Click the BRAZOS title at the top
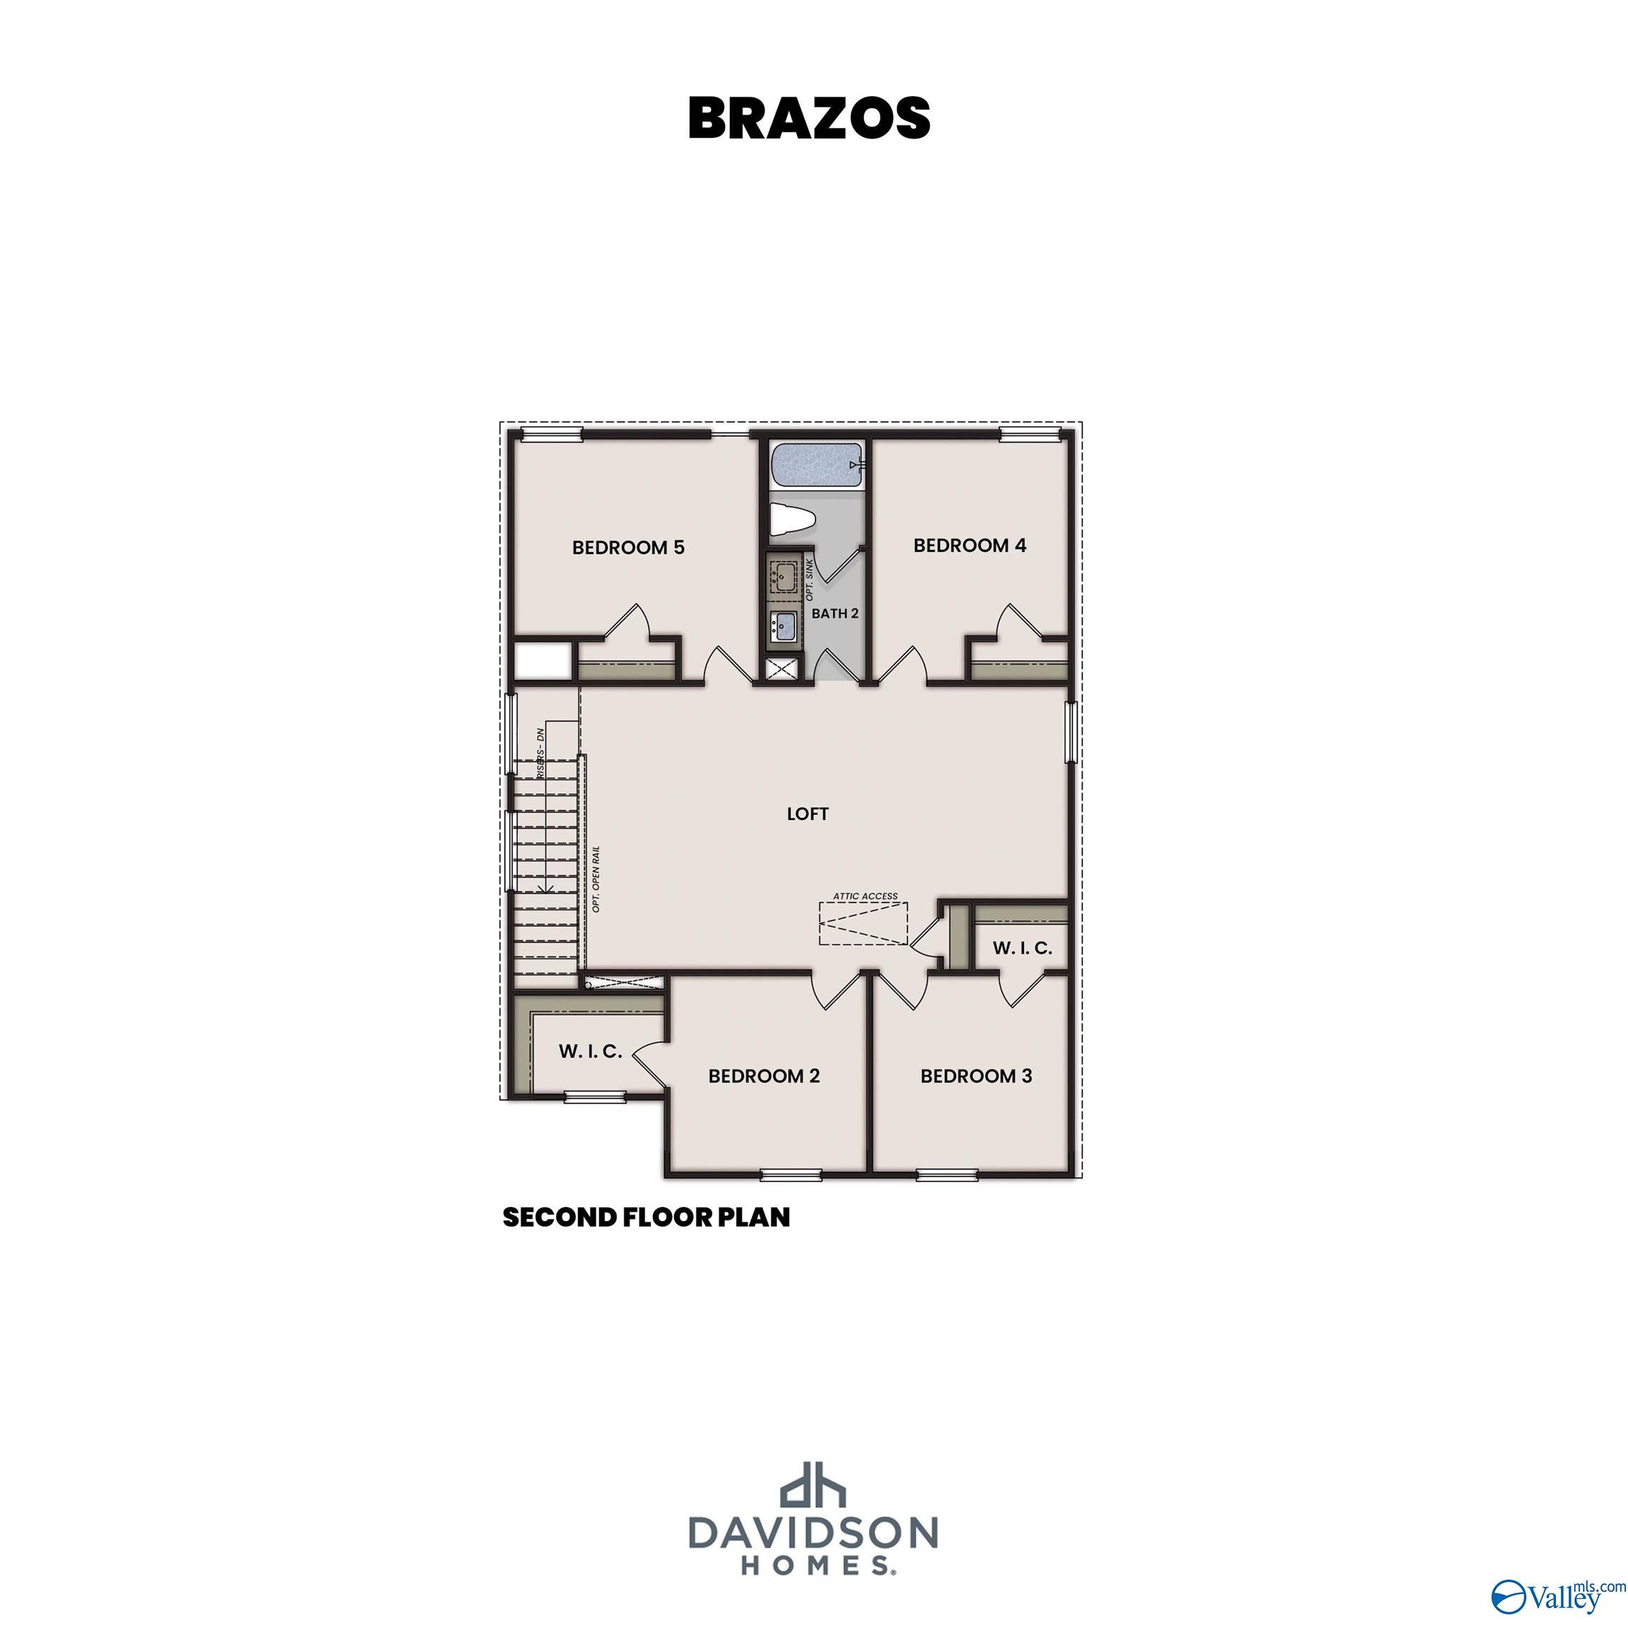click(x=809, y=118)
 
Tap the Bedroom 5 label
click(x=627, y=548)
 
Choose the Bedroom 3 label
click(x=976, y=1076)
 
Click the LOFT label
click(x=807, y=814)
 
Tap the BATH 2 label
click(x=834, y=613)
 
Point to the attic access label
click(x=865, y=897)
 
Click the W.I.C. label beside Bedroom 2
click(x=590, y=1051)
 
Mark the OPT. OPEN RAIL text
click(x=596, y=879)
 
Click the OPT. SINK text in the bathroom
click(x=810, y=579)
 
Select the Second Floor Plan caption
click(x=647, y=1217)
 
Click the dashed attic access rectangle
click(x=863, y=924)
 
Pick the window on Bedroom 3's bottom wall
click(x=946, y=1174)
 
